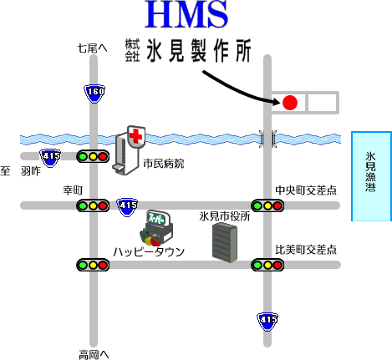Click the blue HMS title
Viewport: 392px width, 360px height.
click(x=186, y=14)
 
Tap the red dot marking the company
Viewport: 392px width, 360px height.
click(x=290, y=103)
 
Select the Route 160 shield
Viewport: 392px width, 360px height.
click(x=94, y=94)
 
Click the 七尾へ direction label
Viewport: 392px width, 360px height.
click(x=92, y=48)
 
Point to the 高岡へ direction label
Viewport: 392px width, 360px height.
click(x=94, y=355)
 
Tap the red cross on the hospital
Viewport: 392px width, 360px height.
click(x=136, y=136)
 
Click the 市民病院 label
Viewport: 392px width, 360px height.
click(x=164, y=164)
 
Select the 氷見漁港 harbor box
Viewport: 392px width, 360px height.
click(x=371, y=176)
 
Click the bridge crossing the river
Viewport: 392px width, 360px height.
click(x=267, y=139)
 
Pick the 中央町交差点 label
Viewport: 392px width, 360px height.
click(x=306, y=190)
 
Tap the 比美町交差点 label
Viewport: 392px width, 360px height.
click(x=306, y=250)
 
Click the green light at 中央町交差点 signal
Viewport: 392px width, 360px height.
click(x=257, y=206)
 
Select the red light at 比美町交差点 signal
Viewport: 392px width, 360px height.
click(x=277, y=265)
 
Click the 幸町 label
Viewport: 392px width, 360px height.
click(x=73, y=190)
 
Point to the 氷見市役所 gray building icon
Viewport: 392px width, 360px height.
click(x=225, y=242)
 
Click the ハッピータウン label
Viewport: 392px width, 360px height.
click(x=149, y=252)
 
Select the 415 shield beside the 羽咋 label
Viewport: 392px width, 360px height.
click(x=50, y=158)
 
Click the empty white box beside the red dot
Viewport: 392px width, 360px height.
click(x=323, y=103)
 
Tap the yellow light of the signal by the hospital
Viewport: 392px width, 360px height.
click(x=93, y=156)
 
